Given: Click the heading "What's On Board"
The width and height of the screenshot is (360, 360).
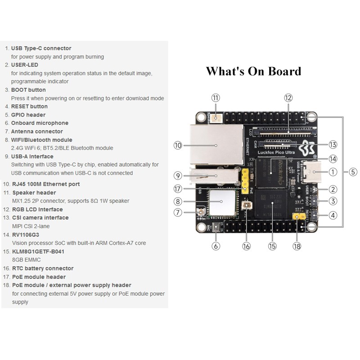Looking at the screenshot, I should tap(253, 71).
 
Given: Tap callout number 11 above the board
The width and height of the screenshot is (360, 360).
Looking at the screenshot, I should tap(216, 98).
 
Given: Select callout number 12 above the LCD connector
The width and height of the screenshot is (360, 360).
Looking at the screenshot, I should tap(288, 98).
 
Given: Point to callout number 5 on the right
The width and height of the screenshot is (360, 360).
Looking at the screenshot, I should tap(353, 171).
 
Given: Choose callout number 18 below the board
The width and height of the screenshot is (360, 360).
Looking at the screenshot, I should tap(297, 246).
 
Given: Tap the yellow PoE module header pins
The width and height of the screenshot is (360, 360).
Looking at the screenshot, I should tap(245, 180).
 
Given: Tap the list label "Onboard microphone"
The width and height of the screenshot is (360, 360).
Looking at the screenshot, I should tap(40, 123).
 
